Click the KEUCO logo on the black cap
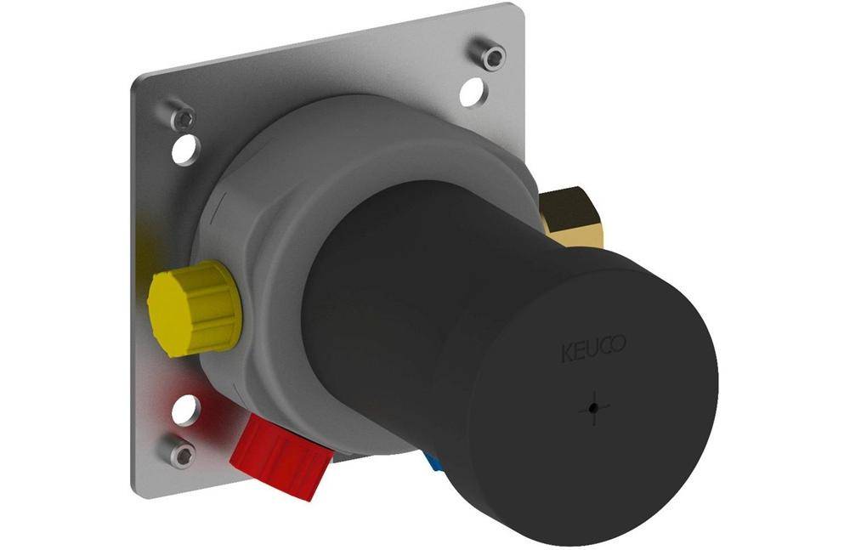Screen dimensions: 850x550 pos(593,349)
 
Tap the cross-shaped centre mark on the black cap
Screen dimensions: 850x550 pos(594,408)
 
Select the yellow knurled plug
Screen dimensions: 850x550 pos(195,309)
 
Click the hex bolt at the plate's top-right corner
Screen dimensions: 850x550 pos(489,54)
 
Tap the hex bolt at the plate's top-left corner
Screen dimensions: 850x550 pos(180,115)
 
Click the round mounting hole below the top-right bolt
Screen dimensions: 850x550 pos(473,92)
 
